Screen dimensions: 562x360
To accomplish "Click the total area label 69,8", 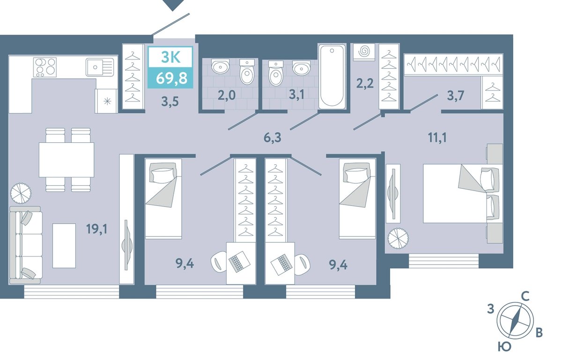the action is click(x=171, y=78).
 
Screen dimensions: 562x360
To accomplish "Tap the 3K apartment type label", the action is click(x=171, y=58).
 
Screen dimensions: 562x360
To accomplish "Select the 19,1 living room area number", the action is click(x=96, y=229).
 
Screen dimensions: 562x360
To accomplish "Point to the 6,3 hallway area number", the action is click(x=273, y=138).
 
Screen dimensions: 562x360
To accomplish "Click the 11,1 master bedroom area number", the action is click(x=437, y=138).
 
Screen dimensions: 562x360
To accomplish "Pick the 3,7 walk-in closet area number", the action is click(x=456, y=96).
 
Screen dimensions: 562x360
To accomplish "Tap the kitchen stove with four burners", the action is click(x=45, y=67).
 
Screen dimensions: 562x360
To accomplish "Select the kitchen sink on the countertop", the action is click(x=100, y=67).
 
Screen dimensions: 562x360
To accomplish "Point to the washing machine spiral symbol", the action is click(x=364, y=52).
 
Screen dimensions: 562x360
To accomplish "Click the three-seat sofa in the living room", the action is click(x=26, y=245).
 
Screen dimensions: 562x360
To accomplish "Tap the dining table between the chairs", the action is click(x=67, y=160).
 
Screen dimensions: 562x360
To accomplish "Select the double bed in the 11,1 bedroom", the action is click(x=463, y=193).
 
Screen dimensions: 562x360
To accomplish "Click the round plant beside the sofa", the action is click(x=21, y=193).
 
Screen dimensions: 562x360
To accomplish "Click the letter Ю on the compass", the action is click(x=504, y=347).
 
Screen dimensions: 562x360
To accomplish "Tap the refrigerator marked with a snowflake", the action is click(x=106, y=101).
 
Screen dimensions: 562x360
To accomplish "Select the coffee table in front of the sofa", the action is click(x=64, y=246).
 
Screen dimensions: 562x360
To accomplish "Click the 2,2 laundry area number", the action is click(x=365, y=83).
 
